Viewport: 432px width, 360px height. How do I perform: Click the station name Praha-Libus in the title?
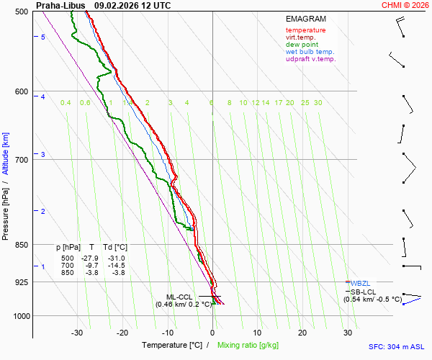coord(60,5)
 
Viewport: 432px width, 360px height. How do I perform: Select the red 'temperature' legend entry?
coord(305,30)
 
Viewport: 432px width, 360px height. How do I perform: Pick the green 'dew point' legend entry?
coord(302,45)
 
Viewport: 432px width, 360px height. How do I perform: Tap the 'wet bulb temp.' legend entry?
coord(310,52)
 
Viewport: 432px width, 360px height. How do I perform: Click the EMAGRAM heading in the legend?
coord(305,19)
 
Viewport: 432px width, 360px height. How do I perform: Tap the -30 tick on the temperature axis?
coord(77,333)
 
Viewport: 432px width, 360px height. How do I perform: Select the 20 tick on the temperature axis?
coord(302,333)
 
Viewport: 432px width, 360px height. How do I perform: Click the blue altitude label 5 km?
coord(43,37)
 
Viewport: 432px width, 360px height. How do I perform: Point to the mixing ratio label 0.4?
coord(66,103)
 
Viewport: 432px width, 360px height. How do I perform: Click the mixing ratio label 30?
coord(318,103)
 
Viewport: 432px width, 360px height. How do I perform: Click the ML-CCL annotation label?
coord(179,297)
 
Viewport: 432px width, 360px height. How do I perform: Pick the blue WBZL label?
coord(360,284)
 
